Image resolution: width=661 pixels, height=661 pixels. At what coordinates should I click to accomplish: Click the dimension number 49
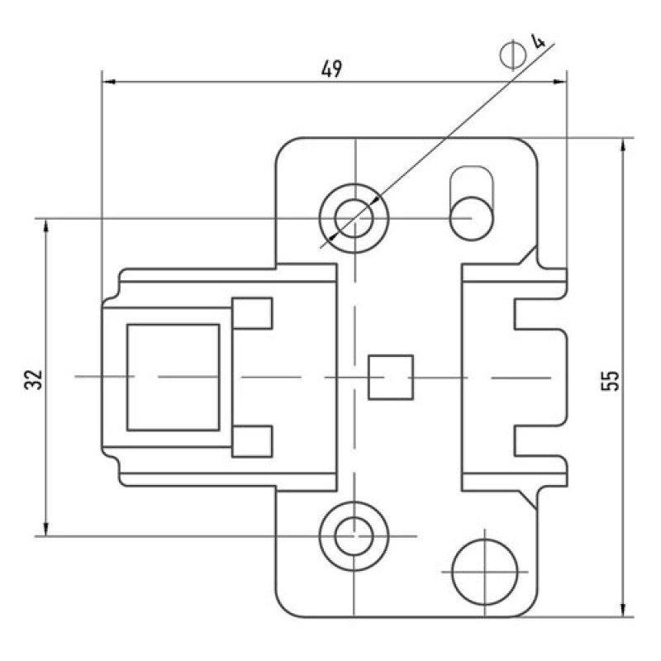pyautogui.click(x=332, y=69)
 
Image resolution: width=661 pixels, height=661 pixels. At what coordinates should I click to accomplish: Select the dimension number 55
pyautogui.click(x=610, y=380)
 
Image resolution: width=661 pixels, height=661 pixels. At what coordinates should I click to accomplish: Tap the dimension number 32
pyautogui.click(x=34, y=379)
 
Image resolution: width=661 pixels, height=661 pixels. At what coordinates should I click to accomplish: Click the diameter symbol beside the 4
pyautogui.click(x=513, y=55)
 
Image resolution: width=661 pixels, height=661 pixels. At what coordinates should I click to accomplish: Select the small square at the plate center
pyautogui.click(x=391, y=378)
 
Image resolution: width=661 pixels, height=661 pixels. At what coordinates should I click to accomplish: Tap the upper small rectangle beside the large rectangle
pyautogui.click(x=252, y=313)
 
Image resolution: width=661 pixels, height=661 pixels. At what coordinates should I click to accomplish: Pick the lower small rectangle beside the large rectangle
pyautogui.click(x=252, y=441)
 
